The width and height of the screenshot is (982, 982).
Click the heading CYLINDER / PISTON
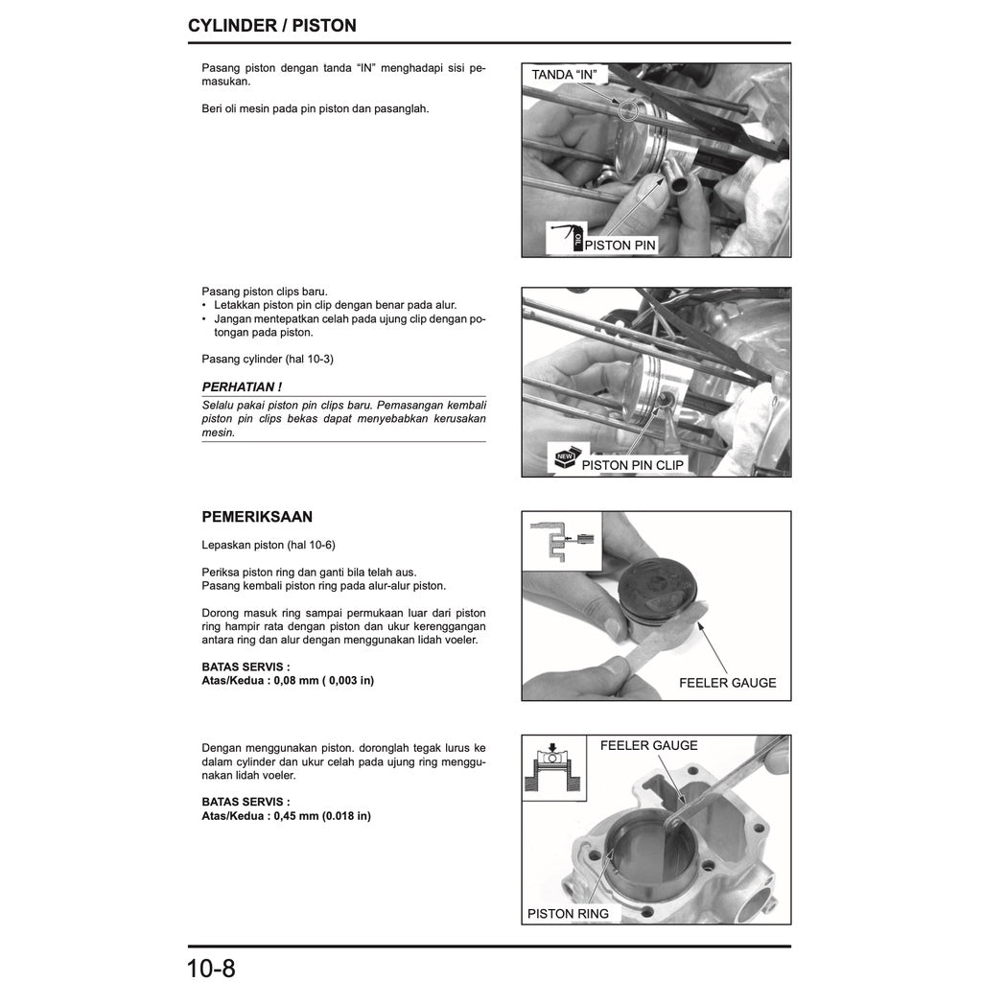272,26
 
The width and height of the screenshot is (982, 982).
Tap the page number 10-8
211,967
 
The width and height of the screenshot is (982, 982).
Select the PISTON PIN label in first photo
620,245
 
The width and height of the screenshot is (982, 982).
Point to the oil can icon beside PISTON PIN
567,236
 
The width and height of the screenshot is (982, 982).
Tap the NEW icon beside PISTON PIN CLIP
563,456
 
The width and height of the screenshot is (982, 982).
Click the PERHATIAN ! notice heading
242,386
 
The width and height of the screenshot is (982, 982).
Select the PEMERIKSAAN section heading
257,516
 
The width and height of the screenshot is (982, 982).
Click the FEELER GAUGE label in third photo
727,683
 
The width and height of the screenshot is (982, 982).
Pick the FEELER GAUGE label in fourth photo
648,745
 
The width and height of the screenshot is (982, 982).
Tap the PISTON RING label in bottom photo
568,914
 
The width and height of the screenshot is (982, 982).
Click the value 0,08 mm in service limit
295,680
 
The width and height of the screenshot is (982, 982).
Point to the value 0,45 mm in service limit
295,816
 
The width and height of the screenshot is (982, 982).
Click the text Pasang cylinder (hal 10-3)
268,359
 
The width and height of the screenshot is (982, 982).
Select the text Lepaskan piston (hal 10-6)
269,545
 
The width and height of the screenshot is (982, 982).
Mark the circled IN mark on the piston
627,110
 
